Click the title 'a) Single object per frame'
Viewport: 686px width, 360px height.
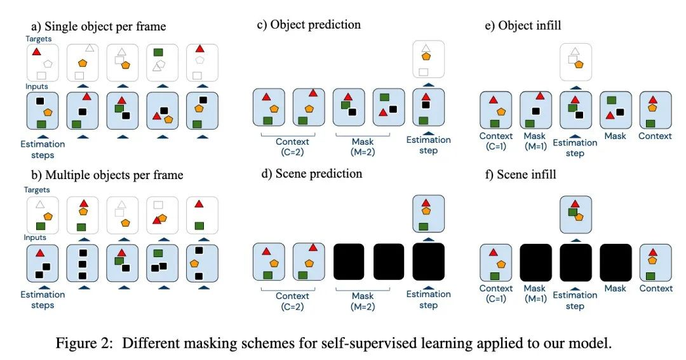pyautogui.click(x=98, y=26)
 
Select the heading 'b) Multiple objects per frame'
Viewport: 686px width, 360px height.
pyautogui.click(x=107, y=175)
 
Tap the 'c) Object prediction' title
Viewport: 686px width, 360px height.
pyautogui.click(x=309, y=25)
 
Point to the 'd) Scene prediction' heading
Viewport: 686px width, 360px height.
pyautogui.click(x=311, y=174)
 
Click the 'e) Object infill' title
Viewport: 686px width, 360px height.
pyautogui.click(x=523, y=25)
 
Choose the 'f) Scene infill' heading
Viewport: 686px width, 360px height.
pyautogui.click(x=521, y=175)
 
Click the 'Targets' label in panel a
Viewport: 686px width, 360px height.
pyautogui.click(x=38, y=39)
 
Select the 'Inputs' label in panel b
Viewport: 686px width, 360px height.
pyautogui.click(x=35, y=237)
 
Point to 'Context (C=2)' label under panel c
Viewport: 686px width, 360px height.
pyautogui.click(x=292, y=147)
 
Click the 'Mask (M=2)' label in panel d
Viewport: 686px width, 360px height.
pyautogui.click(x=363, y=301)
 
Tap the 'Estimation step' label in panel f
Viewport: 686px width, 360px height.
pyautogui.click(x=575, y=300)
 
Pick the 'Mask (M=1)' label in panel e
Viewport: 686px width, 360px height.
pyautogui.click(x=535, y=142)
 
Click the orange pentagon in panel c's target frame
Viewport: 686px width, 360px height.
pyautogui.click(x=426, y=57)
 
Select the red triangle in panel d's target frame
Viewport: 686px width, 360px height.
pyautogui.click(x=426, y=203)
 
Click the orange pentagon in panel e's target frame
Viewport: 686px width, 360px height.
pyautogui.click(x=579, y=64)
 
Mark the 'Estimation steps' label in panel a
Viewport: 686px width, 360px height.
pyautogui.click(x=43, y=150)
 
